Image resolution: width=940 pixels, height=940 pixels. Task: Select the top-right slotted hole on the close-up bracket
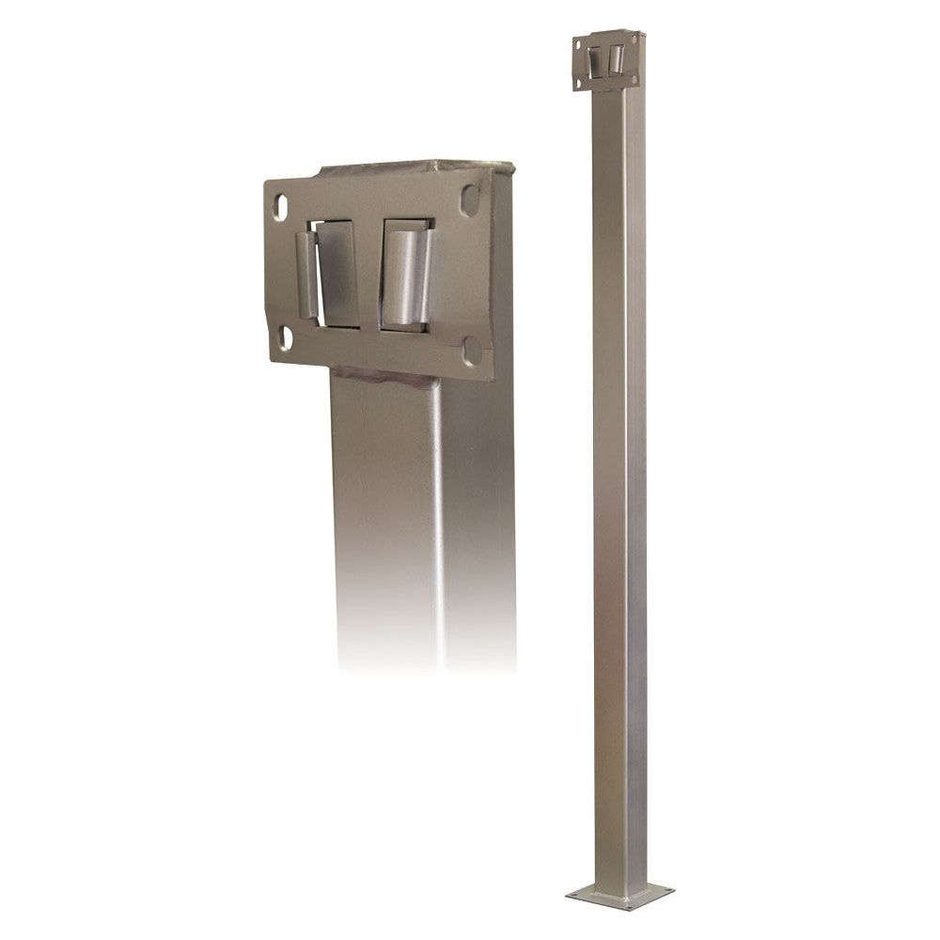[x=467, y=201]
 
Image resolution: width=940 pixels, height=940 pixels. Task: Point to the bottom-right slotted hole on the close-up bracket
[x=472, y=352]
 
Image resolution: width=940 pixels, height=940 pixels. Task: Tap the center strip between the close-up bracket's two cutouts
[x=368, y=273]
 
